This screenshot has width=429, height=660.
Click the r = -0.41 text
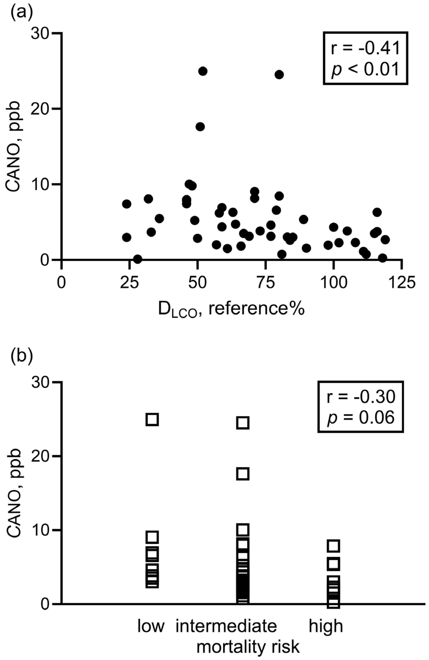(366, 48)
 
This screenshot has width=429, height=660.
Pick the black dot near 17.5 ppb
(200, 127)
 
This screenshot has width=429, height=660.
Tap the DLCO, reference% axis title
(231, 310)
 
